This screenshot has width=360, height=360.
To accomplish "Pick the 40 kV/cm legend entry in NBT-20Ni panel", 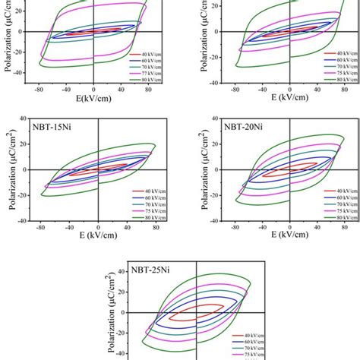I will [337, 191].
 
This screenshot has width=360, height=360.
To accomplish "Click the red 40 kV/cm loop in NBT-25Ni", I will [197, 312].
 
